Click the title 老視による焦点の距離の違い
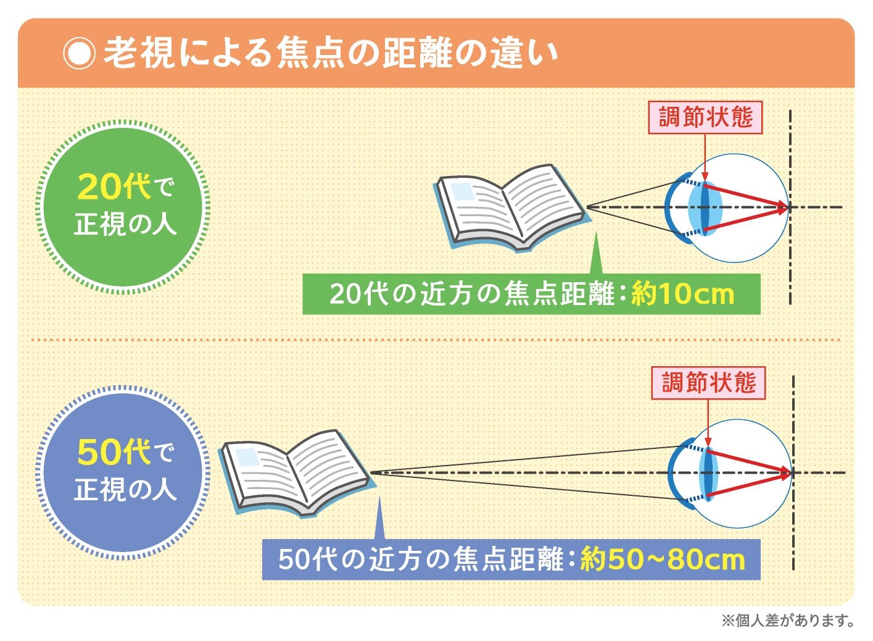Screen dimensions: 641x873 pyautogui.click(x=330, y=53)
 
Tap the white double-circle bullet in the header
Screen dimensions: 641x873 pyautogui.click(x=79, y=54)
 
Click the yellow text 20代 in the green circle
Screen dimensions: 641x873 pyautogui.click(x=114, y=186)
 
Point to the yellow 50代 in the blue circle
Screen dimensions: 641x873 pyautogui.click(x=114, y=452)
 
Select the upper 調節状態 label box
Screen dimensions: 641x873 pyautogui.click(x=705, y=117)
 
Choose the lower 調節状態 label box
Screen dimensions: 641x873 pyautogui.click(x=708, y=383)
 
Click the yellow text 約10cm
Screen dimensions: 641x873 pyautogui.click(x=682, y=295)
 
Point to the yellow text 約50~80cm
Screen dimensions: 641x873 pyautogui.click(x=663, y=559)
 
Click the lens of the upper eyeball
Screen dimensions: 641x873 pyautogui.click(x=705, y=207)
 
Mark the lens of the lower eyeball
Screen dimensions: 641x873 pyautogui.click(x=706, y=473)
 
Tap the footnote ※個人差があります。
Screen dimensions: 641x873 pyautogui.click(x=788, y=620)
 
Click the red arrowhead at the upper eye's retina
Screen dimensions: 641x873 pyautogui.click(x=784, y=208)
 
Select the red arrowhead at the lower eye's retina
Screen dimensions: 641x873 pyautogui.click(x=786, y=474)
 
